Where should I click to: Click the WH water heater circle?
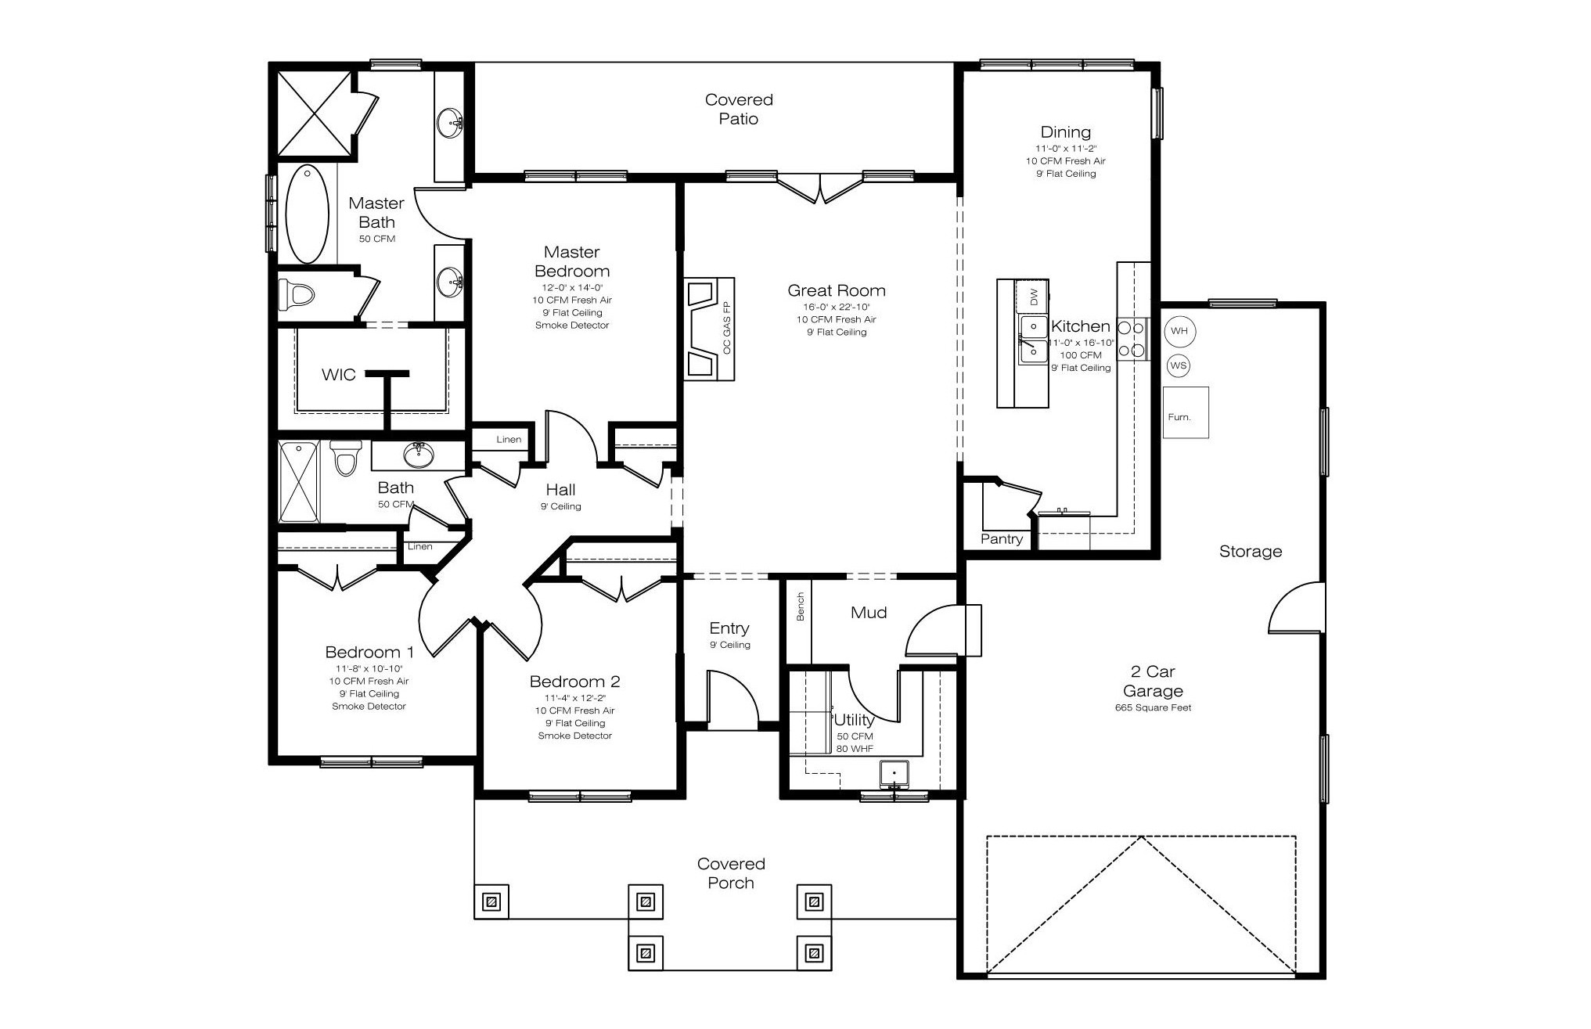coord(1179,331)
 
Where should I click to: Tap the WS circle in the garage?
coord(1178,365)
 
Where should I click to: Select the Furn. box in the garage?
coord(1186,412)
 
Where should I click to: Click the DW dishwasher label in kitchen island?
coord(1033,297)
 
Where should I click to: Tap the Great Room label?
coord(837,290)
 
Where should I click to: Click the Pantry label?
coord(1002,539)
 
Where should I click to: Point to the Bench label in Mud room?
coord(801,606)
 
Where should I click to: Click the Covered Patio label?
coord(739,109)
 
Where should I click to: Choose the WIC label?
coord(339,375)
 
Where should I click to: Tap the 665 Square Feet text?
coord(1154,708)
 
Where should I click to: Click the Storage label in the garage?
coord(1251,552)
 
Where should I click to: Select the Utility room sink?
coord(894,773)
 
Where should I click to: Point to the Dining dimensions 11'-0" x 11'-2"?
coord(1066,149)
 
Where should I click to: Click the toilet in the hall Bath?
coord(344,459)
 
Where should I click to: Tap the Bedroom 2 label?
coord(575,682)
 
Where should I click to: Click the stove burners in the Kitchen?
coord(1132,339)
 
